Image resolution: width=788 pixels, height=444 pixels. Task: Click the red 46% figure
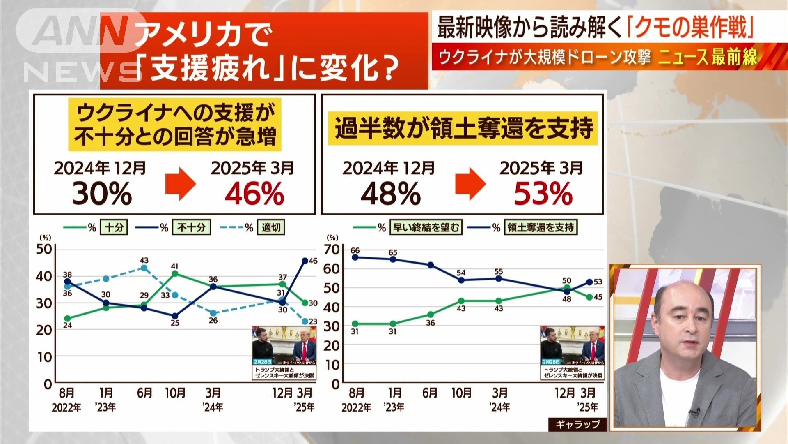[x=254, y=194]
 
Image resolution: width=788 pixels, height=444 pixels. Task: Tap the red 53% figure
[x=543, y=194]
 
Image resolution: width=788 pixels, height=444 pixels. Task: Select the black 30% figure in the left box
[x=102, y=194]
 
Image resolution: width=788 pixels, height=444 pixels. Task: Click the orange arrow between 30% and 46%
[x=180, y=183]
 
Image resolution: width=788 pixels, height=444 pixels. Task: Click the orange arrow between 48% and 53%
[x=470, y=183]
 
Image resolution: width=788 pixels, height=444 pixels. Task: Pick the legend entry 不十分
[x=191, y=227]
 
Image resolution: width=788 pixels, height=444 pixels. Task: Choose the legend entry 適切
[x=271, y=227]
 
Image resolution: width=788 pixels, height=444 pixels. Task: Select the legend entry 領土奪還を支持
[x=541, y=227]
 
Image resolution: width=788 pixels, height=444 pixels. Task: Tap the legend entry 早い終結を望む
[x=426, y=227]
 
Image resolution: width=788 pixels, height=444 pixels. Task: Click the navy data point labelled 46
[x=305, y=261]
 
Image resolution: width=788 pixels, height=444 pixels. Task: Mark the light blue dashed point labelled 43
[x=144, y=268]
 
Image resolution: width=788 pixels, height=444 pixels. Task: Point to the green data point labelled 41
[x=175, y=273]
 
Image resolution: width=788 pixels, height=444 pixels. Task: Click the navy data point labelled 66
[x=355, y=257]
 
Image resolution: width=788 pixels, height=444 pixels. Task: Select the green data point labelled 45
[x=589, y=297]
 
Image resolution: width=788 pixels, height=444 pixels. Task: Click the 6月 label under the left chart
[x=144, y=393]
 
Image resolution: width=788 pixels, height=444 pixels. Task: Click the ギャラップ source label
[x=577, y=424]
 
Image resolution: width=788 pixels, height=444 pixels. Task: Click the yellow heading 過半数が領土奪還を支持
[x=463, y=128]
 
